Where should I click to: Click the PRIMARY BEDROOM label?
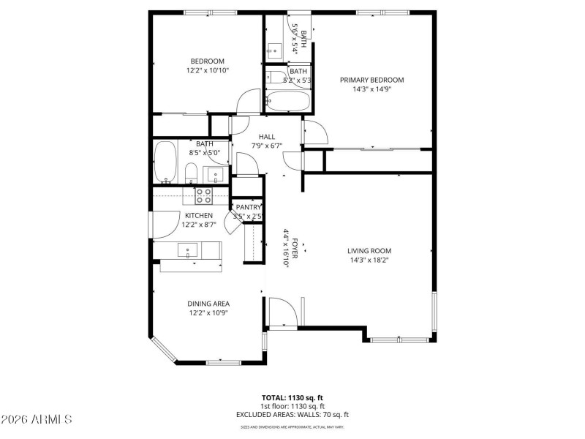[x=371, y=80]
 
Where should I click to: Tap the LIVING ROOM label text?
[x=369, y=250]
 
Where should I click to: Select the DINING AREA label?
[x=208, y=304]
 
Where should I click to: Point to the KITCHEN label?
[x=199, y=215]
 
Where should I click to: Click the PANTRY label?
[x=248, y=207]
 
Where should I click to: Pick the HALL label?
[x=266, y=136]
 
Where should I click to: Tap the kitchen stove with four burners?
[x=203, y=195]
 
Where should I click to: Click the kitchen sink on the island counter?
[x=189, y=250]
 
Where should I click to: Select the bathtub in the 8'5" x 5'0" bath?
[x=166, y=162]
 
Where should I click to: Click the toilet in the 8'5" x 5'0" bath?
[x=189, y=173]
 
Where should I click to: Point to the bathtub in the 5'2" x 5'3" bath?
[x=287, y=101]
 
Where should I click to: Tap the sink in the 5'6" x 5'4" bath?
[x=274, y=50]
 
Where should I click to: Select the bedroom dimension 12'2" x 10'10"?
[x=207, y=71]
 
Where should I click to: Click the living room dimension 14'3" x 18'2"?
[x=369, y=260]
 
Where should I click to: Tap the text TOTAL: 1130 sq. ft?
[x=292, y=397]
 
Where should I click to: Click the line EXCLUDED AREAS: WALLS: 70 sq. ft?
[x=292, y=414]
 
